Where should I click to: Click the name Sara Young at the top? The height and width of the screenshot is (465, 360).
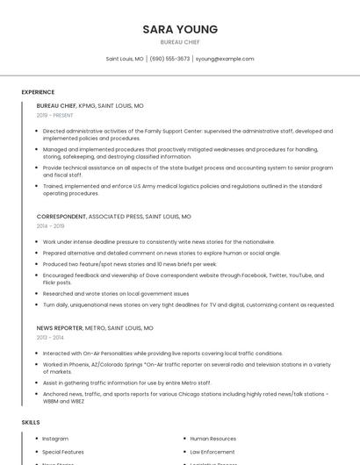180,29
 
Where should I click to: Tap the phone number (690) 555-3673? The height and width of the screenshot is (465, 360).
169,59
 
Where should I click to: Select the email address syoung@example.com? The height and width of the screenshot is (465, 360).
225,59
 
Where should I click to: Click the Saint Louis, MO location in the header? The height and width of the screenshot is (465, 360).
125,59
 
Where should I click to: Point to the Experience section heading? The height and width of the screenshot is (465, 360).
38,91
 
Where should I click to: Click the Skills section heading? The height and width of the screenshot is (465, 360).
31,422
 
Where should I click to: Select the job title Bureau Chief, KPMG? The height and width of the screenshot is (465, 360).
90,105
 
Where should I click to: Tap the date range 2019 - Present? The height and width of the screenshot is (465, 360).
54,115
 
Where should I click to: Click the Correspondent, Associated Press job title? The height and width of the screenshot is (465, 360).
113,216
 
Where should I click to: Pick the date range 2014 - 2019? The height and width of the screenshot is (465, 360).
50,225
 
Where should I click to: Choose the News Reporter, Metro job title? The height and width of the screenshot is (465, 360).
95,327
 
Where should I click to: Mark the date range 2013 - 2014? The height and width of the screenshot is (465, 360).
50,337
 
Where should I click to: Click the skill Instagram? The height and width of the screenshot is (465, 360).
55,439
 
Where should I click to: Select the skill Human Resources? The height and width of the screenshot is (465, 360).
213,439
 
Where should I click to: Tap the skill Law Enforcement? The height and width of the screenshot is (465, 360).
213,452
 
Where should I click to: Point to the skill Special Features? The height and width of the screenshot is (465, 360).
63,452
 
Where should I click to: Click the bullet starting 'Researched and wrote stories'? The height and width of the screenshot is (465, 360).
116,294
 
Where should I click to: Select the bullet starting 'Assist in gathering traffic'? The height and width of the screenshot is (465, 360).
127,383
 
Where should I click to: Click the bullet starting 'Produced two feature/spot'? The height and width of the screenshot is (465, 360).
129,263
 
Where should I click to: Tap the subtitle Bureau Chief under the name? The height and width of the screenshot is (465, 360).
180,41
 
